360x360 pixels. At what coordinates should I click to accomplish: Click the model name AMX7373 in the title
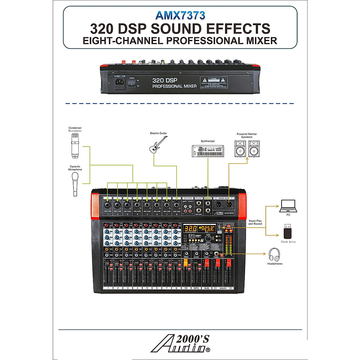coord(180,15)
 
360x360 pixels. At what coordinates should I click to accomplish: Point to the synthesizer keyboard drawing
coord(208,151)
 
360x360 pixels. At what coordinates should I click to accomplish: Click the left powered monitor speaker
coord(240,149)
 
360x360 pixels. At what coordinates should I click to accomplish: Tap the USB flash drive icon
coord(288,231)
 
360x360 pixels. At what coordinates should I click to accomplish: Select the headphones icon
coord(274,254)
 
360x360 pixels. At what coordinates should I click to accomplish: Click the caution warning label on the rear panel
coord(214,82)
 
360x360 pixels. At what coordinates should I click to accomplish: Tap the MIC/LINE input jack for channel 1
coord(108,205)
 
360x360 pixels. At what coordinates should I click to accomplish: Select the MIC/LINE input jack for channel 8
coord(176,205)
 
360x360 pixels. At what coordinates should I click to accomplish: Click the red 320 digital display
coord(190,228)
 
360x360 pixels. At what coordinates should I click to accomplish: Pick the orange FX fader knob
coord(186,263)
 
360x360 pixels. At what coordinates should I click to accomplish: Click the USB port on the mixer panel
coord(220,226)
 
